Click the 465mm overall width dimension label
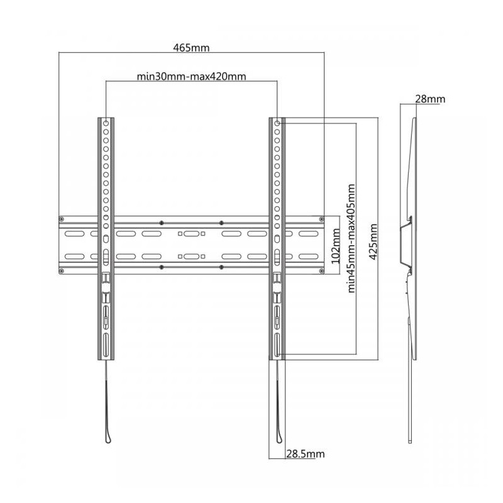coord(191,48)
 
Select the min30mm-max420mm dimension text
coord(191,76)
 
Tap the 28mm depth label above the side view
coord(430,99)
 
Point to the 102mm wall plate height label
coord(335,246)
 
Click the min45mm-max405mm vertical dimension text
coord(351,238)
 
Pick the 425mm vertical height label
coord(373,238)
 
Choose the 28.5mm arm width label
coord(306,453)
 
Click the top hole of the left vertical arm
coord(106,123)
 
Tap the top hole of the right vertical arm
coord(277,123)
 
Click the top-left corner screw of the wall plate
coord(62,219)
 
